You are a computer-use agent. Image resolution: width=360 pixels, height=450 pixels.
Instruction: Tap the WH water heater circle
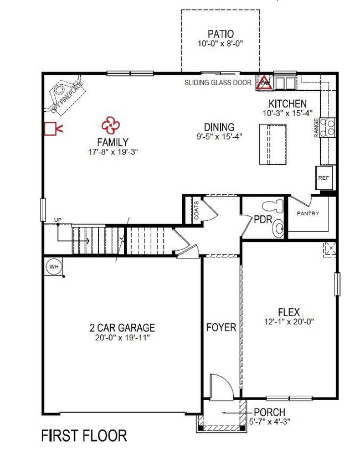pos(54,266)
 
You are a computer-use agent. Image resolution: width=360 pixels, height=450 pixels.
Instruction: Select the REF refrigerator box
pos(323,178)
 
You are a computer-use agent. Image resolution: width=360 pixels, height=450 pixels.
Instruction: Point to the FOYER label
pos(221,328)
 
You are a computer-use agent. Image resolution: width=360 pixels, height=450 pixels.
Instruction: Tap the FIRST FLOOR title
pos(84,436)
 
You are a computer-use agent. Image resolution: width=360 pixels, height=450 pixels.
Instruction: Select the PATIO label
pos(220,33)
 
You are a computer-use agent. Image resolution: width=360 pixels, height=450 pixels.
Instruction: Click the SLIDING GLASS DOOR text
pos(218,83)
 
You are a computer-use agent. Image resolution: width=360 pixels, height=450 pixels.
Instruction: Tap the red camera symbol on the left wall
pos(53,130)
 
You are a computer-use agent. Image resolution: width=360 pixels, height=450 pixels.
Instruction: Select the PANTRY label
pos(307,213)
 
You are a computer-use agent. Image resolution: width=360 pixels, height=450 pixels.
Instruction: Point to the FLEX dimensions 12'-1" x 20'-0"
pos(289,322)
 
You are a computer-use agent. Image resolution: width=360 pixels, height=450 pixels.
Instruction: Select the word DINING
pos(219,127)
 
